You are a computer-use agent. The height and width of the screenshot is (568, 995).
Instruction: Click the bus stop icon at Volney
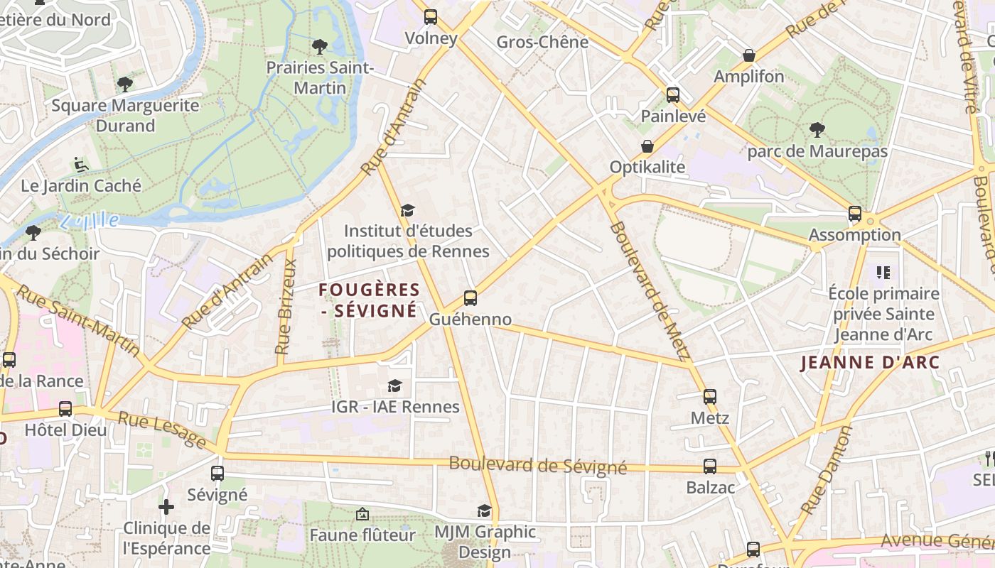pos(431,17)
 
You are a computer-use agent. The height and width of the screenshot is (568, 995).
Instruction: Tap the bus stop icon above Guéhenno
pos(470,298)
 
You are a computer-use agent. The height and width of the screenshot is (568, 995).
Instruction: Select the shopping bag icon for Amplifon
pos(748,55)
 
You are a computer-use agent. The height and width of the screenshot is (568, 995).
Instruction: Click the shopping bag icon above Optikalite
pos(647,146)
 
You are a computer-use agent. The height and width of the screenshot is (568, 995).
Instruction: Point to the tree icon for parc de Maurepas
pos(817,130)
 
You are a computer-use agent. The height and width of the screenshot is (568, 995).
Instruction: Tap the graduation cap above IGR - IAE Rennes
pos(394,386)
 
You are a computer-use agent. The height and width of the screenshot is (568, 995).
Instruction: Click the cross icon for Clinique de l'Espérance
pos(166,507)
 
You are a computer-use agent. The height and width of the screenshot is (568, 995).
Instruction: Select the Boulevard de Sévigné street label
pos(537,466)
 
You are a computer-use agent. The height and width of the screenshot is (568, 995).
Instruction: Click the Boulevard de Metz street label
pos(650,291)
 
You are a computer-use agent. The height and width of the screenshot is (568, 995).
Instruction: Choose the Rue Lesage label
pos(162,430)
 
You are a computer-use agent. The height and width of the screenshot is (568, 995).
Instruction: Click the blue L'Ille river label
pos(90,221)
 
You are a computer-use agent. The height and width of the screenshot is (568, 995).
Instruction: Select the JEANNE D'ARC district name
pos(870,363)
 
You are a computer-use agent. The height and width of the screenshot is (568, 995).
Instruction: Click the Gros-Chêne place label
pos(542,42)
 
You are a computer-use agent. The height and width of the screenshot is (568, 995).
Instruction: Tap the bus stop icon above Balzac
pos(709,466)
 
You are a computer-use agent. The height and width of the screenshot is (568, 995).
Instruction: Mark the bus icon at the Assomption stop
pos(854,214)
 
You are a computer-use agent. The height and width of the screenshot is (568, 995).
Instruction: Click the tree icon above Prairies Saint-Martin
pos(320,47)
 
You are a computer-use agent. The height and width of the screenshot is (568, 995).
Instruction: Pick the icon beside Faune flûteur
pos(362,513)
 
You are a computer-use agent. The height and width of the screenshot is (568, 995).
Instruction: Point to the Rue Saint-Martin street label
pos(78,320)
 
